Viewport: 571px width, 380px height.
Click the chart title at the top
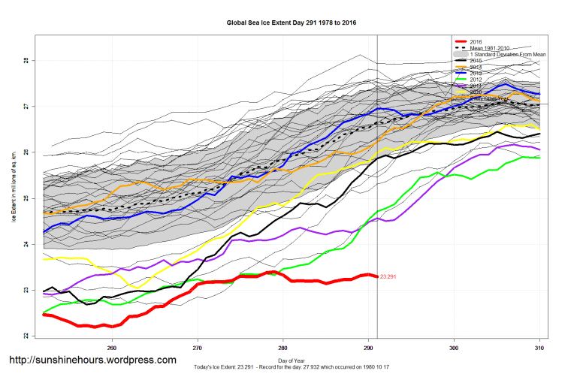pos(291,23)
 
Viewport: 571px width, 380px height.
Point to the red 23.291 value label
pos(390,277)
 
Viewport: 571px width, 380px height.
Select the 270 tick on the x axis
pos(198,348)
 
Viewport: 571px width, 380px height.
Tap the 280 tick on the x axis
pos(283,348)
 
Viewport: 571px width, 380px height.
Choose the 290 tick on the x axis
pos(368,348)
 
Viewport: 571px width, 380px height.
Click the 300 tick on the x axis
pos(454,348)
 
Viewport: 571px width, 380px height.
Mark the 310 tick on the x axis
pos(539,348)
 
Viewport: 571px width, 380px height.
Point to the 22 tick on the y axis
pos(25,336)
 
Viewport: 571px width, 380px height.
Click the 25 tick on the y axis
pos(25,198)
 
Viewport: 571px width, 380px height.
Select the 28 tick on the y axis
pos(25,61)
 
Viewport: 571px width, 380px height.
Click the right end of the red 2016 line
pos(376,276)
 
